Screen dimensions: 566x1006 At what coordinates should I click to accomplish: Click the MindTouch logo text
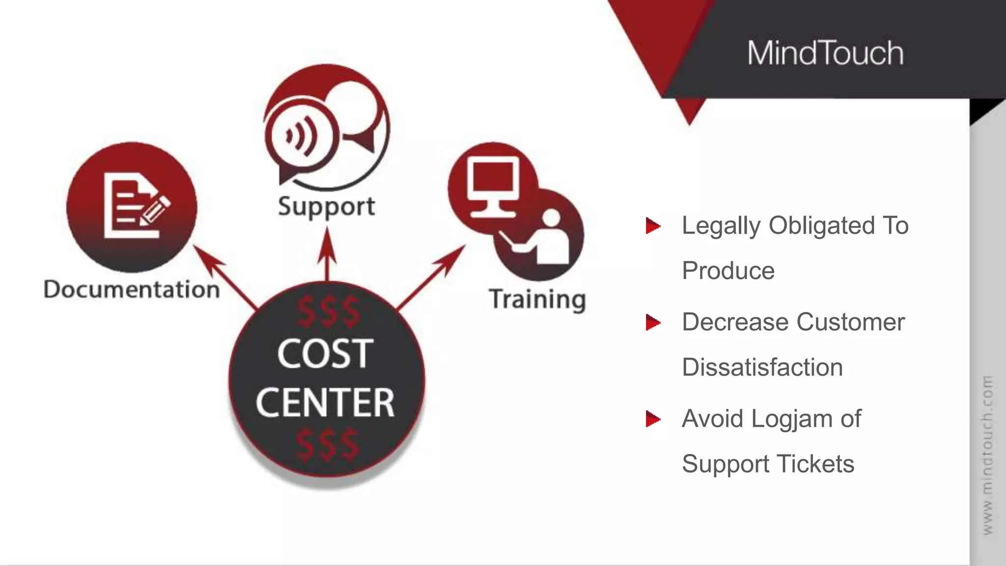click(x=825, y=53)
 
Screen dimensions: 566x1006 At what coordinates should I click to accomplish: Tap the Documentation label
click(x=132, y=289)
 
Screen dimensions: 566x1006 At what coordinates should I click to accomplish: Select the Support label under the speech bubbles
click(x=326, y=207)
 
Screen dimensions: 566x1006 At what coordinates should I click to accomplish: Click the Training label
click(x=537, y=299)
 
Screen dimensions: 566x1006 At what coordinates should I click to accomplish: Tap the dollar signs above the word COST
click(x=328, y=312)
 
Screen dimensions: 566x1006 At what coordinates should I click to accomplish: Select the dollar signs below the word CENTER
click(x=327, y=445)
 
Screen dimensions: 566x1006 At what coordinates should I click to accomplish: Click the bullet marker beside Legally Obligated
click(x=653, y=226)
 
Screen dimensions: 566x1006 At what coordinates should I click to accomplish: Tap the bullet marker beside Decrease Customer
click(x=653, y=323)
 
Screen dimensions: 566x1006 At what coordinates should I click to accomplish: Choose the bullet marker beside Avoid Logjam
click(x=653, y=419)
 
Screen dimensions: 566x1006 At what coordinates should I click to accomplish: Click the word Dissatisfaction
click(x=762, y=368)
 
